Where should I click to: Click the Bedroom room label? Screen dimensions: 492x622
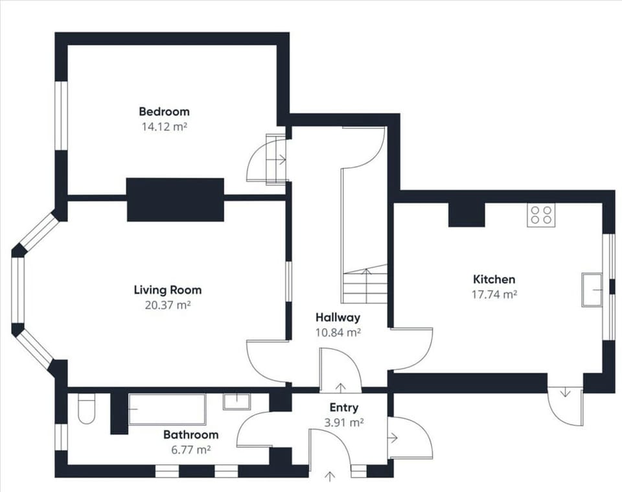pos(164,111)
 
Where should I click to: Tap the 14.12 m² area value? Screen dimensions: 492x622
pos(164,127)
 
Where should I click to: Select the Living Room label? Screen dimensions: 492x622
pos(167,290)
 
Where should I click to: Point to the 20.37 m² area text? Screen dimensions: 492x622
pos(167,305)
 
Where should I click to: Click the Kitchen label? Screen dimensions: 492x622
pos(494,279)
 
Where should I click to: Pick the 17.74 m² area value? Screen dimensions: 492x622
pos(494,294)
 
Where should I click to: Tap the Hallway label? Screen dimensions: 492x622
pos(338,318)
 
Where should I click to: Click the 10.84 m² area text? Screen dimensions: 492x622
pos(338,333)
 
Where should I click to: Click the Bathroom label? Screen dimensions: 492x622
pos(190,435)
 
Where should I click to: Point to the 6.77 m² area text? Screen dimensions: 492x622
pos(190,449)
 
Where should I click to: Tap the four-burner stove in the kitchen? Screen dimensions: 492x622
pos(542,215)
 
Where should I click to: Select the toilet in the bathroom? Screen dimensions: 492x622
pos(86,409)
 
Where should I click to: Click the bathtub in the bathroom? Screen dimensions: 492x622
pos(167,409)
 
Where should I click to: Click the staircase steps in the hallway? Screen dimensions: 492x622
pos(365,285)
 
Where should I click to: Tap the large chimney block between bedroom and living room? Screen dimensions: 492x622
pos(175,200)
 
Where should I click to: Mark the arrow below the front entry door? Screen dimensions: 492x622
pos(330,477)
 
